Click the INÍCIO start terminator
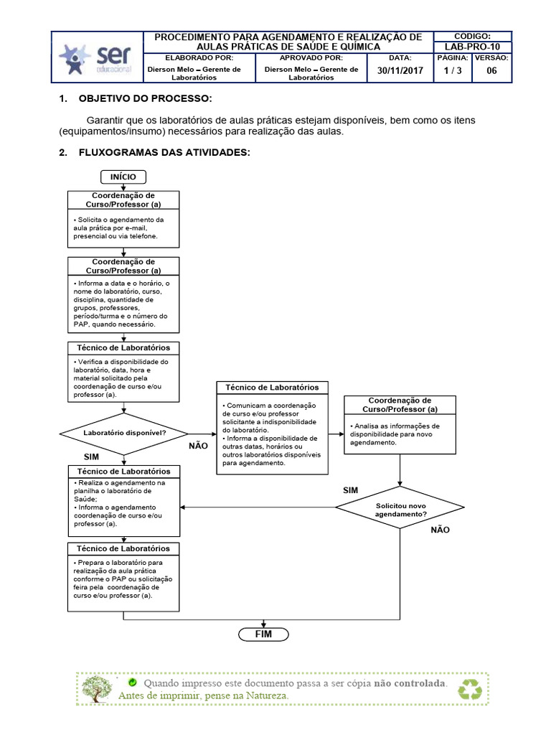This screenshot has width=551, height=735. click(x=123, y=177)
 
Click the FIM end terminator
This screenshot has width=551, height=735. click(x=263, y=634)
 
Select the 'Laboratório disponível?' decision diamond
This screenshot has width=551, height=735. click(x=124, y=433)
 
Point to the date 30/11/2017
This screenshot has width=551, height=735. click(x=400, y=70)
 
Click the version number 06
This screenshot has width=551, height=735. click(x=491, y=70)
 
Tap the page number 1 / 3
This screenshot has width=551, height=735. click(x=453, y=70)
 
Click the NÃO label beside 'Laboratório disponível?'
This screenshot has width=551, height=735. click(x=197, y=446)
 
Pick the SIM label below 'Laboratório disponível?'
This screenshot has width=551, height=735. click(x=91, y=457)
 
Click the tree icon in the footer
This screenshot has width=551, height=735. click(x=94, y=688)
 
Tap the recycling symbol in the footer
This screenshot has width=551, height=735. click(x=472, y=688)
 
